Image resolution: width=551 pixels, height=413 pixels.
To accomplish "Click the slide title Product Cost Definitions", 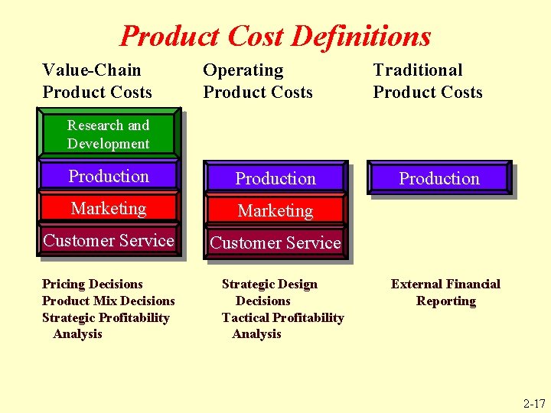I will tap(275, 36).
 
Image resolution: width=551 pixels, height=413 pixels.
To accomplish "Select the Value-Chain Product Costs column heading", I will tap(97, 81).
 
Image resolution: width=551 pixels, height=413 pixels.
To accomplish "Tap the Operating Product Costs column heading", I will tap(258, 81).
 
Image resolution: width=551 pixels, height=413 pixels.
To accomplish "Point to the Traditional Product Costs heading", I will tap(428, 81).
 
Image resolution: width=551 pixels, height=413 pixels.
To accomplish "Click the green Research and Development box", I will tap(109, 134).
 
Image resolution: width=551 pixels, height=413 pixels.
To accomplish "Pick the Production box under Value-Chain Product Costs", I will tap(109, 177).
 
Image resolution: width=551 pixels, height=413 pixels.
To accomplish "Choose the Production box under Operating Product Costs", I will tap(275, 179).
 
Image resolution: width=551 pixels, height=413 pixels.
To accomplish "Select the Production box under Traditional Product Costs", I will tap(439, 179).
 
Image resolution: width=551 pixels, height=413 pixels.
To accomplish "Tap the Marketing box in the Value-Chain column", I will tap(109, 209).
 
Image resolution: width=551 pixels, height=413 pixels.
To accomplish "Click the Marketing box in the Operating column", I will tap(275, 210).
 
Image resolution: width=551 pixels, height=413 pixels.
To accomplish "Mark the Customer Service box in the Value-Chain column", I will tap(109, 241).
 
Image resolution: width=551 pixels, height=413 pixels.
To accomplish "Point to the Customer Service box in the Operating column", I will tap(275, 242).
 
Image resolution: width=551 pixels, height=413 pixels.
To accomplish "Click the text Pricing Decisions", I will tap(93, 285).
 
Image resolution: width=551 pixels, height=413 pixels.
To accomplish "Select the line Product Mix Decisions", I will tap(109, 301).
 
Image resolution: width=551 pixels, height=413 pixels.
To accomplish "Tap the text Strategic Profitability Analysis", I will tap(106, 325).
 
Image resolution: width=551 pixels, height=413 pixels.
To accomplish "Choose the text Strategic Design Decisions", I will tap(269, 292).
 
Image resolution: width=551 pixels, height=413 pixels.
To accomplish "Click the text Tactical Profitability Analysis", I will tap(282, 325).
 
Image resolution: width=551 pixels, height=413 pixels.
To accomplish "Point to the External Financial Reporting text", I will tap(445, 292).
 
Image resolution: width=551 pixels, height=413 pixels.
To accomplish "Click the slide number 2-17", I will tap(534, 403).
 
